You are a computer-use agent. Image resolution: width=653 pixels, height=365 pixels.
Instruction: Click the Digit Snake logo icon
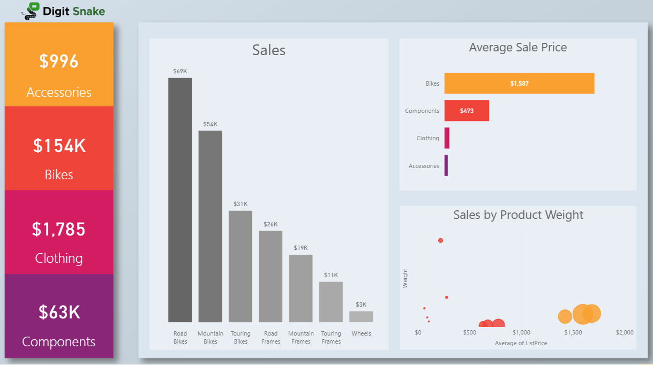pos(33,11)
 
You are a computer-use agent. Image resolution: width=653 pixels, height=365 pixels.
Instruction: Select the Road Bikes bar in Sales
pos(180,200)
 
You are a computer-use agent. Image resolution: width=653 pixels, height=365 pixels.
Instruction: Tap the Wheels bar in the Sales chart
pos(361,317)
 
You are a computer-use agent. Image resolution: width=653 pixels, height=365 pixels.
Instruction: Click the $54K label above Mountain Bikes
pos(210,124)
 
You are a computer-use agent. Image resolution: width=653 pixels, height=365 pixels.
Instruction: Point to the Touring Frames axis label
pos(331,337)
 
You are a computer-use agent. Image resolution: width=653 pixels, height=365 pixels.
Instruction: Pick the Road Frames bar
pos(271,276)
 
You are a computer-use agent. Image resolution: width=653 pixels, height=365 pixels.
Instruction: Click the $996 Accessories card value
pos(59,62)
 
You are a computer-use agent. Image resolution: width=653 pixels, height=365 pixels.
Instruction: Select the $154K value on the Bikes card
pos(59,146)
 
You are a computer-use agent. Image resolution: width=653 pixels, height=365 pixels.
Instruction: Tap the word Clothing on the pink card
pos(59,258)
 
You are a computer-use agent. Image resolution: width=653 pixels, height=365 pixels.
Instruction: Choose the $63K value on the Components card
pos(59,312)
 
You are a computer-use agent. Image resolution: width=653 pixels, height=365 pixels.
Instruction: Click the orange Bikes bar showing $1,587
pos(519,83)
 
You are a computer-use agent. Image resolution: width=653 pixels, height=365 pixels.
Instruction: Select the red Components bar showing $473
pos(467,111)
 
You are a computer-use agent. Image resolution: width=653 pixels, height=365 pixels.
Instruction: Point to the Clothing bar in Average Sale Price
pos(447,138)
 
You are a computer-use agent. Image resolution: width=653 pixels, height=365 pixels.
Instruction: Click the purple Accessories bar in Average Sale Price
pos(446,166)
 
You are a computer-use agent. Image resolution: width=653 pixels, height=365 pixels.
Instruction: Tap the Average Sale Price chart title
pos(517,48)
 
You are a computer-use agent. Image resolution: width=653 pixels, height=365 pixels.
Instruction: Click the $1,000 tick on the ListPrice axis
pos(521,332)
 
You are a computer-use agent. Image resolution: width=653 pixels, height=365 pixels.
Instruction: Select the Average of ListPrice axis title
pos(521,343)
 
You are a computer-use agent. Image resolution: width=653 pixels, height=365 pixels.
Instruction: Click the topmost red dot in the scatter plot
pos(440,240)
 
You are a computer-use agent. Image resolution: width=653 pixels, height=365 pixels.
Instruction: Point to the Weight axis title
pos(405,278)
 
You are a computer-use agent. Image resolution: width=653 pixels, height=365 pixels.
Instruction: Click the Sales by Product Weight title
pos(518,215)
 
